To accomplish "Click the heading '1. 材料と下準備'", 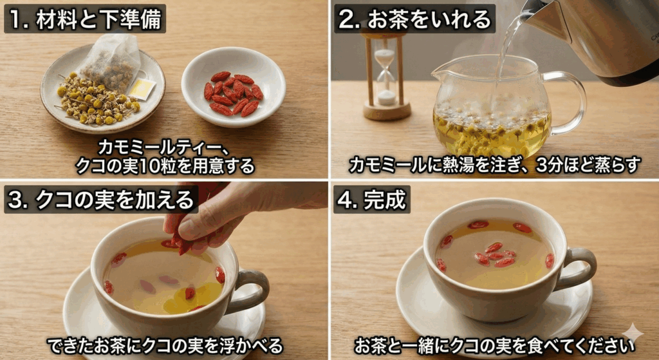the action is tap(85, 19).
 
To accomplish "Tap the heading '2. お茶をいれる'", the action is tap(414, 19).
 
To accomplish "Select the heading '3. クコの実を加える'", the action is tap(101, 200).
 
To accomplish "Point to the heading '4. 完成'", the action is tap(372, 200).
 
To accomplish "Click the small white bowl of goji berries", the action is tap(234, 87).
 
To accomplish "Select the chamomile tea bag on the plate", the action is tap(112, 63).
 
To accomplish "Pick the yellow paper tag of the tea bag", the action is tap(142, 89).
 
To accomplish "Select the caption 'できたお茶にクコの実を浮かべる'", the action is tap(165, 346).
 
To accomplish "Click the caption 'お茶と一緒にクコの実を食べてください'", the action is tap(494, 346).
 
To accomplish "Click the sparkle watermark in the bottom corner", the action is tap(633, 334).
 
